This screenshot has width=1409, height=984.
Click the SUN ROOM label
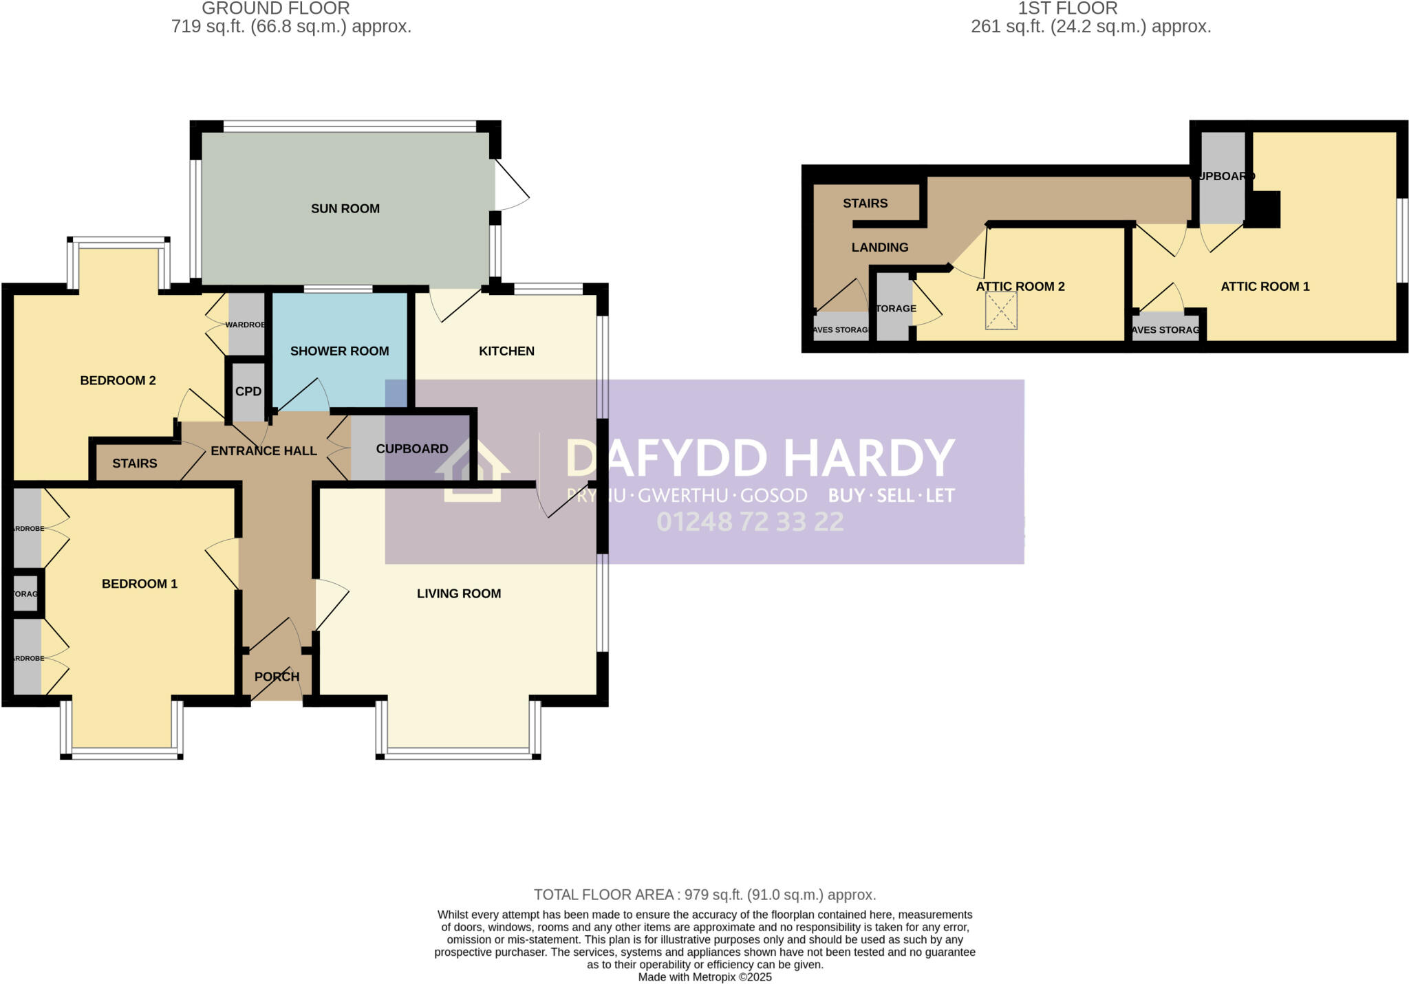[x=345, y=209]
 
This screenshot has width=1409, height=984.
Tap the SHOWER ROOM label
[x=339, y=351]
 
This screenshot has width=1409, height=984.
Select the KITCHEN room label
[x=506, y=351]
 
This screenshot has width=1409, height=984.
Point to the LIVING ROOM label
[x=458, y=593]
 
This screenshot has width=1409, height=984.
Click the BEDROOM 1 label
[x=139, y=584]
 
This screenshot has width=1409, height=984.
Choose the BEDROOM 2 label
[x=118, y=380]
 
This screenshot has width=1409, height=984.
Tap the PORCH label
[x=277, y=677]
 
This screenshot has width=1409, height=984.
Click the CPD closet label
[x=248, y=391]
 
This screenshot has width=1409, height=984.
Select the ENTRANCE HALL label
[x=263, y=451]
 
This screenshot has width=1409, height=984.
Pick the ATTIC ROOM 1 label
[x=1265, y=287]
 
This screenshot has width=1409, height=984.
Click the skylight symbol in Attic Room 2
[x=1001, y=311]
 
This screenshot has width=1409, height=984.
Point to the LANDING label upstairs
[x=879, y=248]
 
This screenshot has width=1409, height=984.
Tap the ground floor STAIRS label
[x=134, y=463]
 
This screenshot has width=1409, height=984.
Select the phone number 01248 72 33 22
[x=749, y=522]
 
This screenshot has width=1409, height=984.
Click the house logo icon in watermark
[x=472, y=470]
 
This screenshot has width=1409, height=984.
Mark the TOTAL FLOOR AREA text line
[x=704, y=895]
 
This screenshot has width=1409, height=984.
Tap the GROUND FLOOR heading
[x=275, y=8]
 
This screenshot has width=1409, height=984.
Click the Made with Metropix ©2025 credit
[x=704, y=977]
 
